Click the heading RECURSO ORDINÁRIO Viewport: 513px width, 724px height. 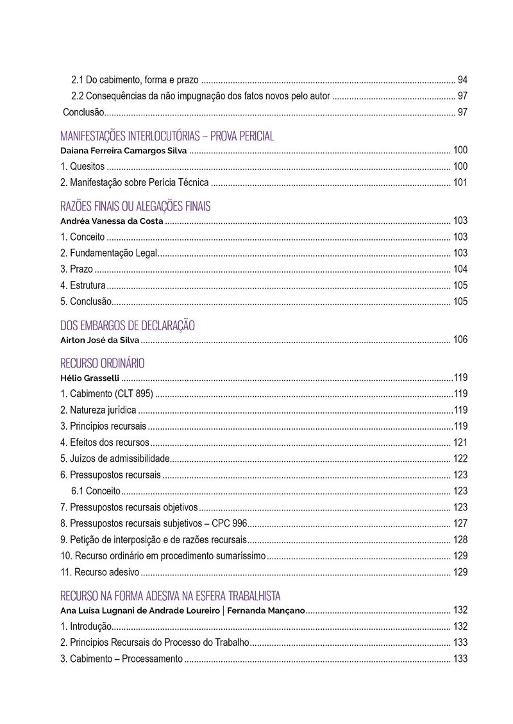click(x=102, y=363)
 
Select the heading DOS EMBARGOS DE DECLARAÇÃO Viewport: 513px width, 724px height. click(x=127, y=325)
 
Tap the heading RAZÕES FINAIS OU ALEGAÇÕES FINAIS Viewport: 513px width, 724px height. click(x=135, y=206)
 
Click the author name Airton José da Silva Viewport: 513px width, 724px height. click(x=99, y=340)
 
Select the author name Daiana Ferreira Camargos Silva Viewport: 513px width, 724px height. click(x=123, y=151)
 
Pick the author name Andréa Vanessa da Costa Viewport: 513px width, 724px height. click(x=112, y=221)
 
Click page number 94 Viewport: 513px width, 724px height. click(x=462, y=80)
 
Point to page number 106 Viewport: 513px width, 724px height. click(x=460, y=340)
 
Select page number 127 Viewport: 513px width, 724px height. click(x=460, y=523)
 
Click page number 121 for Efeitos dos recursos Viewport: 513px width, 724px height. click(x=460, y=442)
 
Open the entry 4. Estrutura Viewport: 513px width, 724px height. click(x=83, y=285)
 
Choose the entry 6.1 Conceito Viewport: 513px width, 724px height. click(x=96, y=491)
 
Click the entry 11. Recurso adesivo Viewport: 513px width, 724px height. click(x=100, y=572)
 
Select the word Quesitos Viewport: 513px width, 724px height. click(x=87, y=167)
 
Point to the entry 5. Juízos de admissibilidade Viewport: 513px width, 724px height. click(x=115, y=459)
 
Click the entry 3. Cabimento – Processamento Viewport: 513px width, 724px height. click(x=121, y=659)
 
